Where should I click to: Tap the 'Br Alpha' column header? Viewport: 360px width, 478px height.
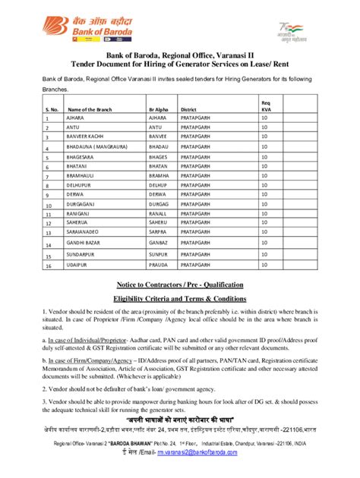point(160,110)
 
